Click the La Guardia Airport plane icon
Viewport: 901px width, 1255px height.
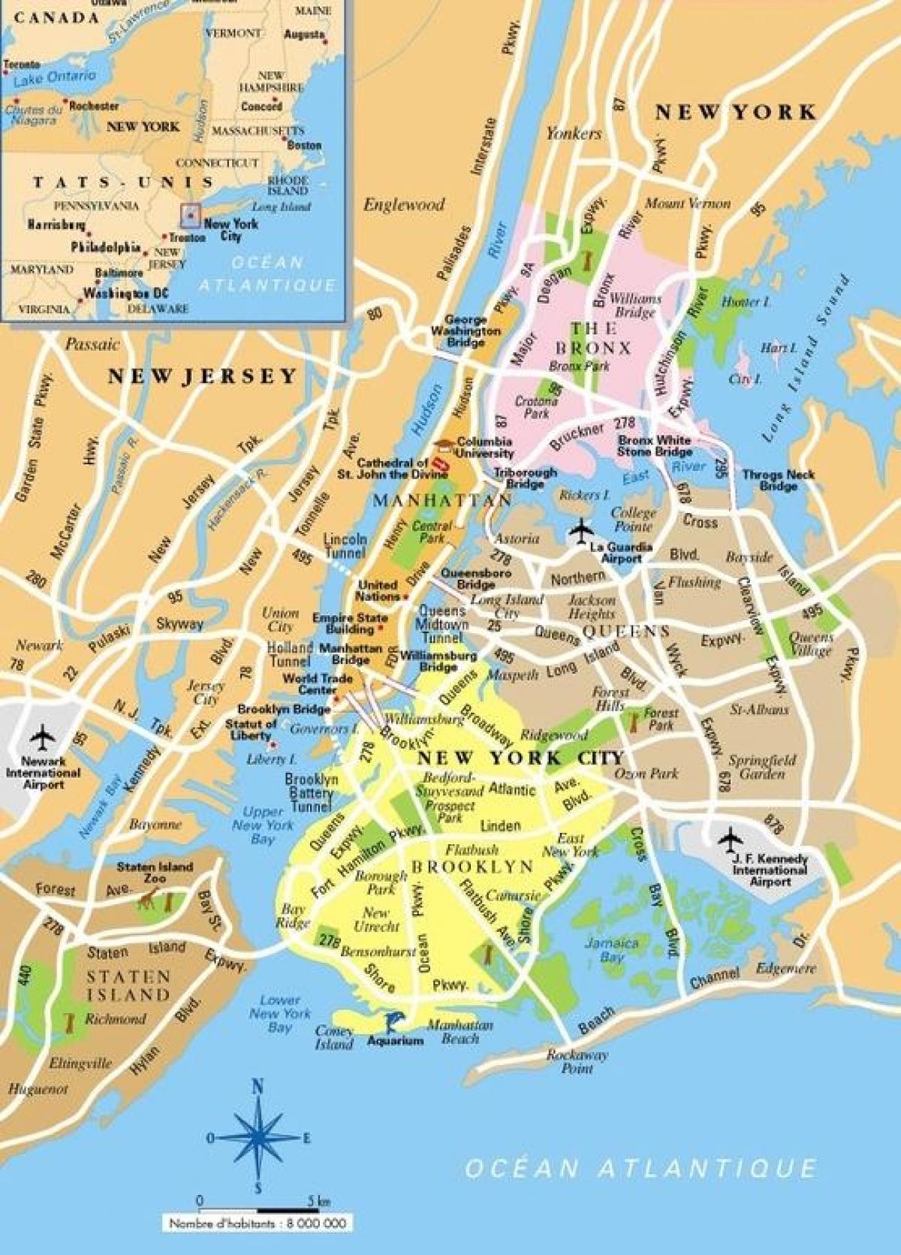pos(581,531)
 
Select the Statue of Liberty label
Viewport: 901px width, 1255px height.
pos(252,729)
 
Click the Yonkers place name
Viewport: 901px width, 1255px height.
pos(574,134)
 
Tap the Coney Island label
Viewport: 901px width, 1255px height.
pos(334,1037)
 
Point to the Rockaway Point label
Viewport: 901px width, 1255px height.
pos(577,1060)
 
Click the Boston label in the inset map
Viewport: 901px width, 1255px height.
pos(303,145)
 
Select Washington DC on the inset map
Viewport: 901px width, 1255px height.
pos(113,294)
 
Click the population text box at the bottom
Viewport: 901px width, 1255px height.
pos(258,1224)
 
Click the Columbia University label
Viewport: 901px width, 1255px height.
pos(484,448)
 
